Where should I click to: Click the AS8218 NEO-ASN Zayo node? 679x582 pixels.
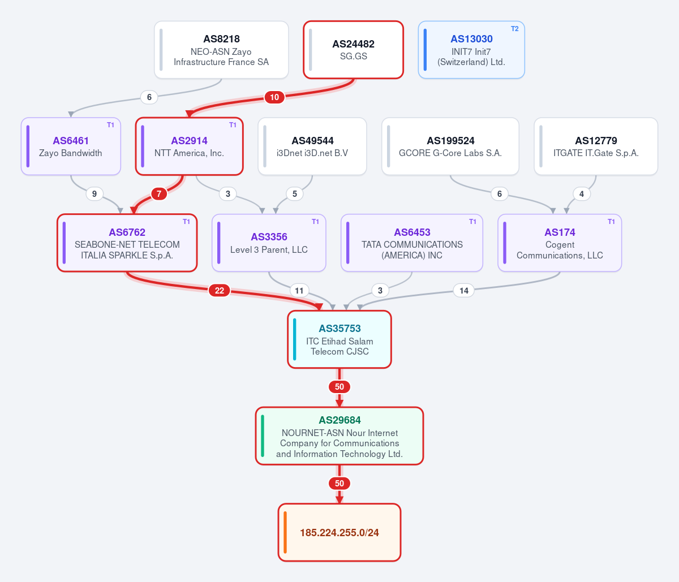[221, 50]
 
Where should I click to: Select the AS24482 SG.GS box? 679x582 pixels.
[353, 50]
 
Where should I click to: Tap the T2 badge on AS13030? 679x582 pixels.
[514, 29]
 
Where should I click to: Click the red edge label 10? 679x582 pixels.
[274, 97]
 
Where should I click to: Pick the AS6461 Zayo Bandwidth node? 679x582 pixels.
[71, 146]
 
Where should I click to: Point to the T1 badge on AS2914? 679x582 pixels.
[233, 125]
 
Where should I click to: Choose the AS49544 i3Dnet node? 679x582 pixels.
[312, 146]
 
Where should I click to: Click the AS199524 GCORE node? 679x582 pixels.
[450, 146]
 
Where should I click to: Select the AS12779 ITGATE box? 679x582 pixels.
[596, 146]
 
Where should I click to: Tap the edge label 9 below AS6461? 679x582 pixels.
[94, 194]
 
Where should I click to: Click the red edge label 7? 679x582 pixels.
[159, 194]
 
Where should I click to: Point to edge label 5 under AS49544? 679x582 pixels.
[295, 194]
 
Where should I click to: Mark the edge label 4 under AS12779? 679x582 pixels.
[582, 194]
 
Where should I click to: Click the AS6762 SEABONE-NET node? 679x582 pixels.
[127, 243]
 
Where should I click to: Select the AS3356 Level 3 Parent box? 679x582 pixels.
[269, 243]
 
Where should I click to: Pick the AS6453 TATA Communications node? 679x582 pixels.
[411, 243]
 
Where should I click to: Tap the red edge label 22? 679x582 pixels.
[220, 290]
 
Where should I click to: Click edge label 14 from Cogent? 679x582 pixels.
[463, 290]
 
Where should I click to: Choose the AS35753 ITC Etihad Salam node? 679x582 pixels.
[339, 339]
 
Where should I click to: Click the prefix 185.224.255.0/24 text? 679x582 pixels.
[339, 532]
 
